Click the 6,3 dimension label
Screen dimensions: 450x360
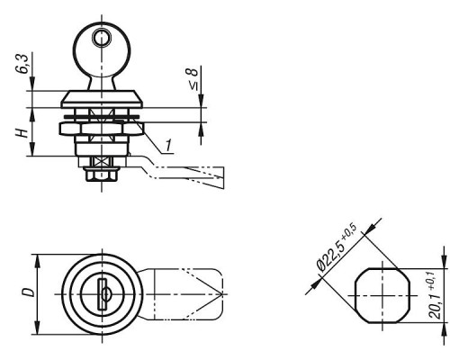(x=23, y=64)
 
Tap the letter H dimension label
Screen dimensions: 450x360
(x=22, y=133)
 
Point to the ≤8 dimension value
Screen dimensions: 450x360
(x=193, y=78)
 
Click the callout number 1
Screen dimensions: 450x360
(x=168, y=145)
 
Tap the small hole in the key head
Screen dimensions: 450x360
(x=100, y=38)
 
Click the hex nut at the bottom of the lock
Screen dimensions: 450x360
(x=102, y=174)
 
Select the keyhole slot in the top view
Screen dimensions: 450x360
(x=103, y=294)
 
